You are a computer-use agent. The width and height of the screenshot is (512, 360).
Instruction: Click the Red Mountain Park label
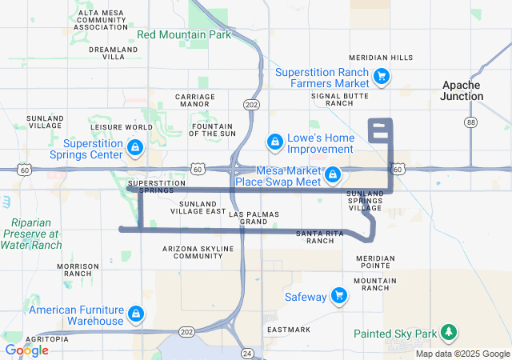coord(184,34)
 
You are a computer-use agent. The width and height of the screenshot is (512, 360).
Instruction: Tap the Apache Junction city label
coord(462,90)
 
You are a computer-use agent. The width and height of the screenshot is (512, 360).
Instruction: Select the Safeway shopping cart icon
coord(340,296)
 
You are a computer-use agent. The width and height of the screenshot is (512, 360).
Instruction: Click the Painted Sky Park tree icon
coord(449,333)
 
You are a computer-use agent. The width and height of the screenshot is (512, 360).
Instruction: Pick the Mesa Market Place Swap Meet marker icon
coord(332,174)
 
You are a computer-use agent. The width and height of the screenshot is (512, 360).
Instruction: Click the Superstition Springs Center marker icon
coord(135,148)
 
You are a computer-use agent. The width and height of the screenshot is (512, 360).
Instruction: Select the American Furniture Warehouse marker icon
coord(136,313)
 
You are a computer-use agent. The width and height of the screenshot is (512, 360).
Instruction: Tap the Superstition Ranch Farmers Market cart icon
coord(382,77)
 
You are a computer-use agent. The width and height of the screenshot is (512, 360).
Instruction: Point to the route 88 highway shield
coord(471,122)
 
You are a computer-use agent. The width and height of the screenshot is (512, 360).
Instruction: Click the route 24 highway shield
coord(247,353)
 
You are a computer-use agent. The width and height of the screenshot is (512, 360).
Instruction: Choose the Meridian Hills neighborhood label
coord(382,58)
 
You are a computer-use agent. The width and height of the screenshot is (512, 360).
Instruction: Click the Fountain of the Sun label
coord(211,130)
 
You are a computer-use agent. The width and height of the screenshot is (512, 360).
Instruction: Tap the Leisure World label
coord(122,127)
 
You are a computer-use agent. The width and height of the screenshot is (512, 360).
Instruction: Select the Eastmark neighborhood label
coord(288,330)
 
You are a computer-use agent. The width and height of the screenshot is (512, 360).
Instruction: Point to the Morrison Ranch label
coord(78,270)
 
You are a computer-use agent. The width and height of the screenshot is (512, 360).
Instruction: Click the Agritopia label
coord(46,339)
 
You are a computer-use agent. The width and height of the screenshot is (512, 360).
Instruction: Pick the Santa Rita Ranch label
coord(320,237)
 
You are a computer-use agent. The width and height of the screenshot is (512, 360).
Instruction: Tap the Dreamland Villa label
coord(107,53)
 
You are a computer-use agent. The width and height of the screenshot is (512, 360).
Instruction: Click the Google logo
coord(26,350)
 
